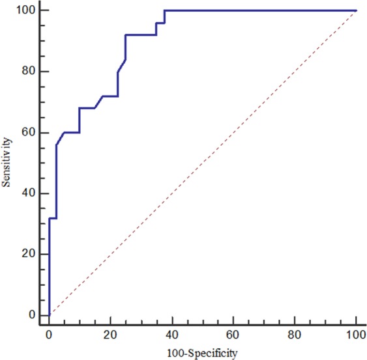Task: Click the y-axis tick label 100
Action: point(25,10)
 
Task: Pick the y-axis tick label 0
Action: point(30,315)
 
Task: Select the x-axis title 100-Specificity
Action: point(203,352)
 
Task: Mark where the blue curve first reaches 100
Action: point(164,10)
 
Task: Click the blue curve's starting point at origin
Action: point(49,315)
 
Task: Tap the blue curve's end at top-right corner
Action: point(357,10)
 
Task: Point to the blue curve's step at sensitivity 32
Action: point(53,217)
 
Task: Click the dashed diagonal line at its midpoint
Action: point(203,163)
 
